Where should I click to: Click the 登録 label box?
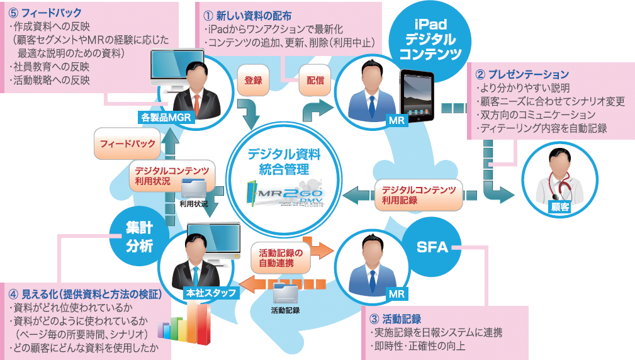pos(253,81)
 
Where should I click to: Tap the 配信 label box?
pos(315,81)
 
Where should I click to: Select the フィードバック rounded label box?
pos(128,143)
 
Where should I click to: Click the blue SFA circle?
pos(433,247)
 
